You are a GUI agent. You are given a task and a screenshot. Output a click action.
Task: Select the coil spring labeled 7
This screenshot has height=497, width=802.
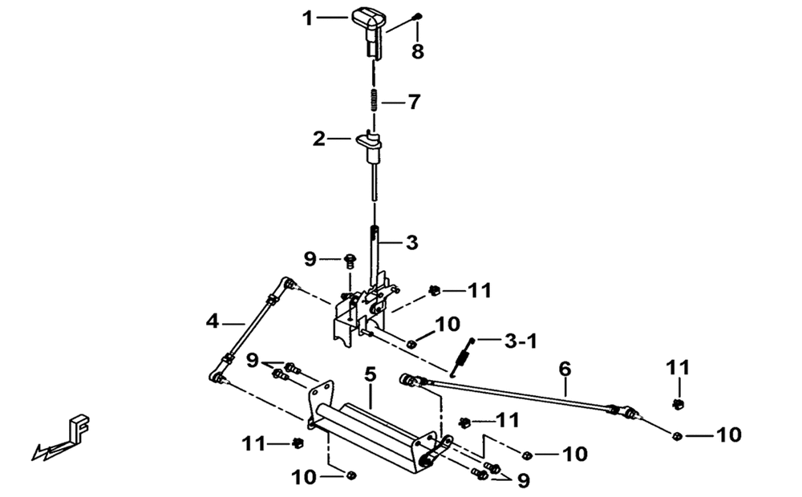pos(374,100)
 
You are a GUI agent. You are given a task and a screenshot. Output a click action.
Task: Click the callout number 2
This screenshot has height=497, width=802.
pos(319,139)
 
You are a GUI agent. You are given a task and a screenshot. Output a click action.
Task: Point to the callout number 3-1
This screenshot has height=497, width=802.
pos(520,341)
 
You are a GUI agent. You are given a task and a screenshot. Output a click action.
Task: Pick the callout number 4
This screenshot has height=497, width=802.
pos(213,321)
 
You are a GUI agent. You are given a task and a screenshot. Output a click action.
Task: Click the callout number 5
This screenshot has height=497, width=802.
pos(371,375)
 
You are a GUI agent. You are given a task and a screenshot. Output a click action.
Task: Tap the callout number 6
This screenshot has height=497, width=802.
pos(564,369)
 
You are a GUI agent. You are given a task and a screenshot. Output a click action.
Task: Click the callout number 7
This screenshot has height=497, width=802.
pos(413,103)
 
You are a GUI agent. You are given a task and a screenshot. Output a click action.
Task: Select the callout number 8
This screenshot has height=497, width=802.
pos(418,51)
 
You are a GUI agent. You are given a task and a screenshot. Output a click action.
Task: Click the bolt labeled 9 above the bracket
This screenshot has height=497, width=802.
pos(350,260)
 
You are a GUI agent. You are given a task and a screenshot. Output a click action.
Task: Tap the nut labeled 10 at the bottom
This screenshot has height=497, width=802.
pos(351,475)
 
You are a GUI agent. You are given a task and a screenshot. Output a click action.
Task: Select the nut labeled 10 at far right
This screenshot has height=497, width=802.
pos(677,435)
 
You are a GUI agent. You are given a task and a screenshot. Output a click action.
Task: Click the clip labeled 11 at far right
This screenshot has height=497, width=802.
pos(678,405)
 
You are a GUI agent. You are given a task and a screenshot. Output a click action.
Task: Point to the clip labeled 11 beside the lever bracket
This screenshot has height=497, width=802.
pos(434,291)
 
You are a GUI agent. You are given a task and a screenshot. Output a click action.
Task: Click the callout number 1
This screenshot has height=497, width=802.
pos(307,19)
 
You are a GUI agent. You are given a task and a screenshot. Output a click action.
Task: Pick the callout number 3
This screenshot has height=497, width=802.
pos(411,242)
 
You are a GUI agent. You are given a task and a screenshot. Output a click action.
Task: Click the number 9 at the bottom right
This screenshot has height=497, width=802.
pos(523,481)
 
